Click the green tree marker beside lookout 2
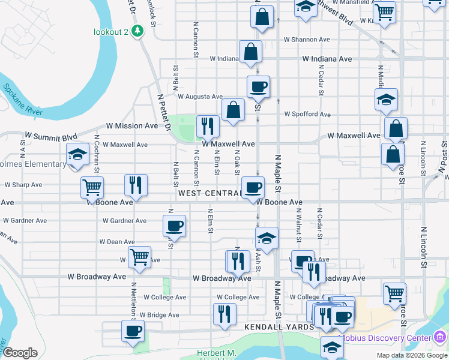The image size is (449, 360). pos(138,31)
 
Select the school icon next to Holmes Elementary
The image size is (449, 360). pos(77,155)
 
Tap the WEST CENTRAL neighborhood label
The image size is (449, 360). pos(209,194)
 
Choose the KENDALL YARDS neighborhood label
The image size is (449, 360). pos(279,327)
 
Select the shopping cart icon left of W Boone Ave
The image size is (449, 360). pos(92,187)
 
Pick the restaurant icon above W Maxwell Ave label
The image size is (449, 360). pos(208,126)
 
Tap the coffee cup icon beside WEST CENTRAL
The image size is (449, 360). pos(253,187)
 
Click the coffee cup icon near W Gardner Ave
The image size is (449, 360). pos(174,226)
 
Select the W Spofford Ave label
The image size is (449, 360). pos(307,114)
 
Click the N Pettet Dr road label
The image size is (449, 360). pos(164,113)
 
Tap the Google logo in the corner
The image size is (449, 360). pos(20,353)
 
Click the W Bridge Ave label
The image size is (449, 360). pos(157,315)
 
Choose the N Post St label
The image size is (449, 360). pos(444,157)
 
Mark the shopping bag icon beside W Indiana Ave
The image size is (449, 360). pos(250,52)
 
